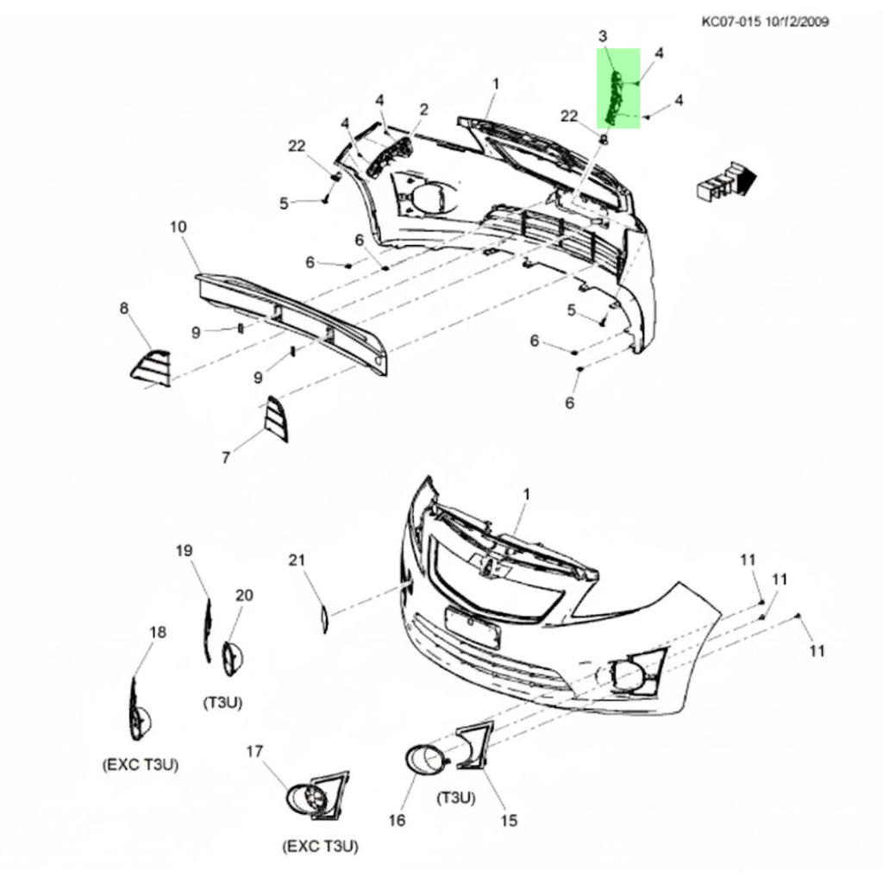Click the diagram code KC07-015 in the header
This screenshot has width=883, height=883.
[x=731, y=22]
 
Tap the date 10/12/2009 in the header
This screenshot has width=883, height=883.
[x=797, y=22]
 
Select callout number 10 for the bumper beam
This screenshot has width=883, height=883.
[x=178, y=227]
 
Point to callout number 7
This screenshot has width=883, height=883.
[x=226, y=458]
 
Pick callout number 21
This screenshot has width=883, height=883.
[x=297, y=560]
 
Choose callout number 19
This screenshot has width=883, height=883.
[x=183, y=550]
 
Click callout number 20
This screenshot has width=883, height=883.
[x=244, y=594]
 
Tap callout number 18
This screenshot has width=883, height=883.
[x=157, y=632]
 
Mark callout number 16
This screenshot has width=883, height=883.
[x=397, y=820]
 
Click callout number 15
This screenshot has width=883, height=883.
[x=509, y=820]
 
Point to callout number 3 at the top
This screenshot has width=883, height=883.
[x=603, y=35]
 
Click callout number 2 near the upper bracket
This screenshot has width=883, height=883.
[x=423, y=110]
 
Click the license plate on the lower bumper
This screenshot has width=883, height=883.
[x=472, y=627]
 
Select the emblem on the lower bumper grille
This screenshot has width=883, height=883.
[x=488, y=566]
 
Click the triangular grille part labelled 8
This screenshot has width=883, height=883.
[x=152, y=368]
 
